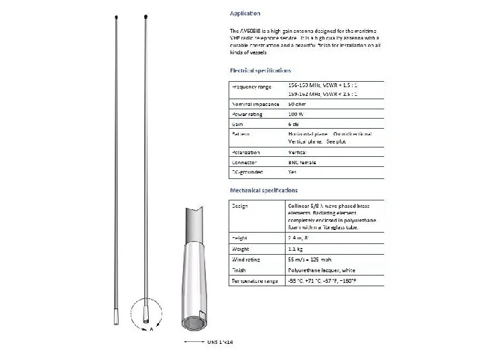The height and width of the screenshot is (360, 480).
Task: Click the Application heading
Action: (245, 13)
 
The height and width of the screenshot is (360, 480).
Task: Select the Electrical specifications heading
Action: (260, 70)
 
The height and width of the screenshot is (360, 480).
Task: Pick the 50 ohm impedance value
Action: (298, 105)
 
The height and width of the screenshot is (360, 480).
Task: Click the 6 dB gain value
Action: (294, 124)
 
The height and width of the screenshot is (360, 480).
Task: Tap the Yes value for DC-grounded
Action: (292, 172)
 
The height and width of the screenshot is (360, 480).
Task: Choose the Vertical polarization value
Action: (296, 153)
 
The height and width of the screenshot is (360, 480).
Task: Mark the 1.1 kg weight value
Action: (296, 248)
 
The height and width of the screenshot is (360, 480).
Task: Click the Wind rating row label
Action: (247, 259)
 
